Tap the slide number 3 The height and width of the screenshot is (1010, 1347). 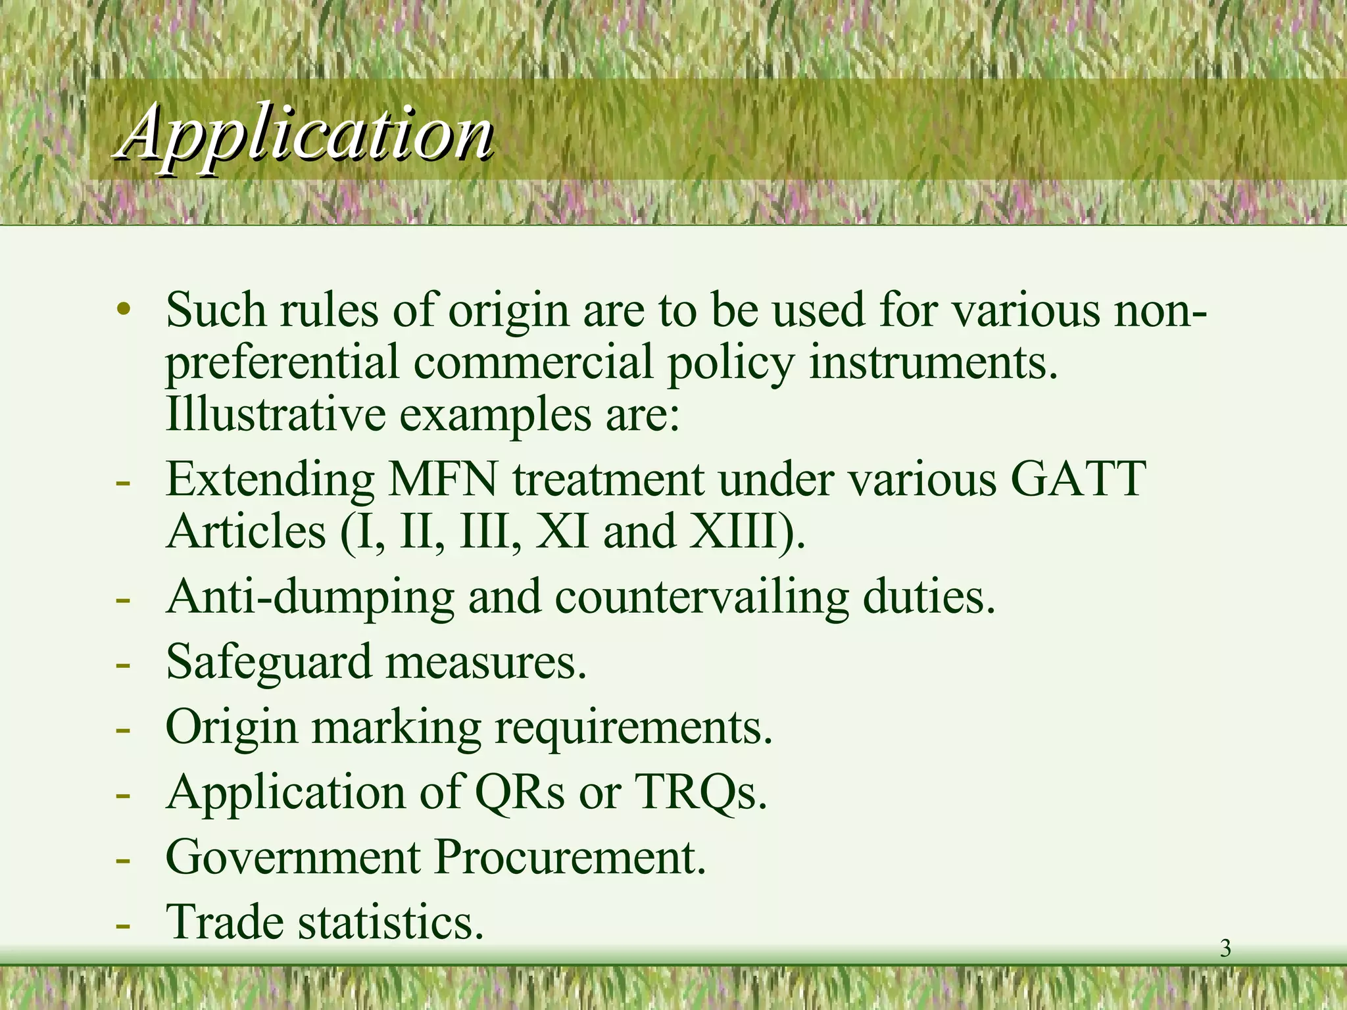click(1225, 949)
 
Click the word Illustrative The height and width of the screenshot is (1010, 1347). click(276, 414)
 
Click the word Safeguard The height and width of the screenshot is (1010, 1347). click(268, 663)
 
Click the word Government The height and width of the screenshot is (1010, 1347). click(293, 857)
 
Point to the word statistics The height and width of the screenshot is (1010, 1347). click(388, 922)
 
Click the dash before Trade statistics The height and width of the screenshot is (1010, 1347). click(122, 925)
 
